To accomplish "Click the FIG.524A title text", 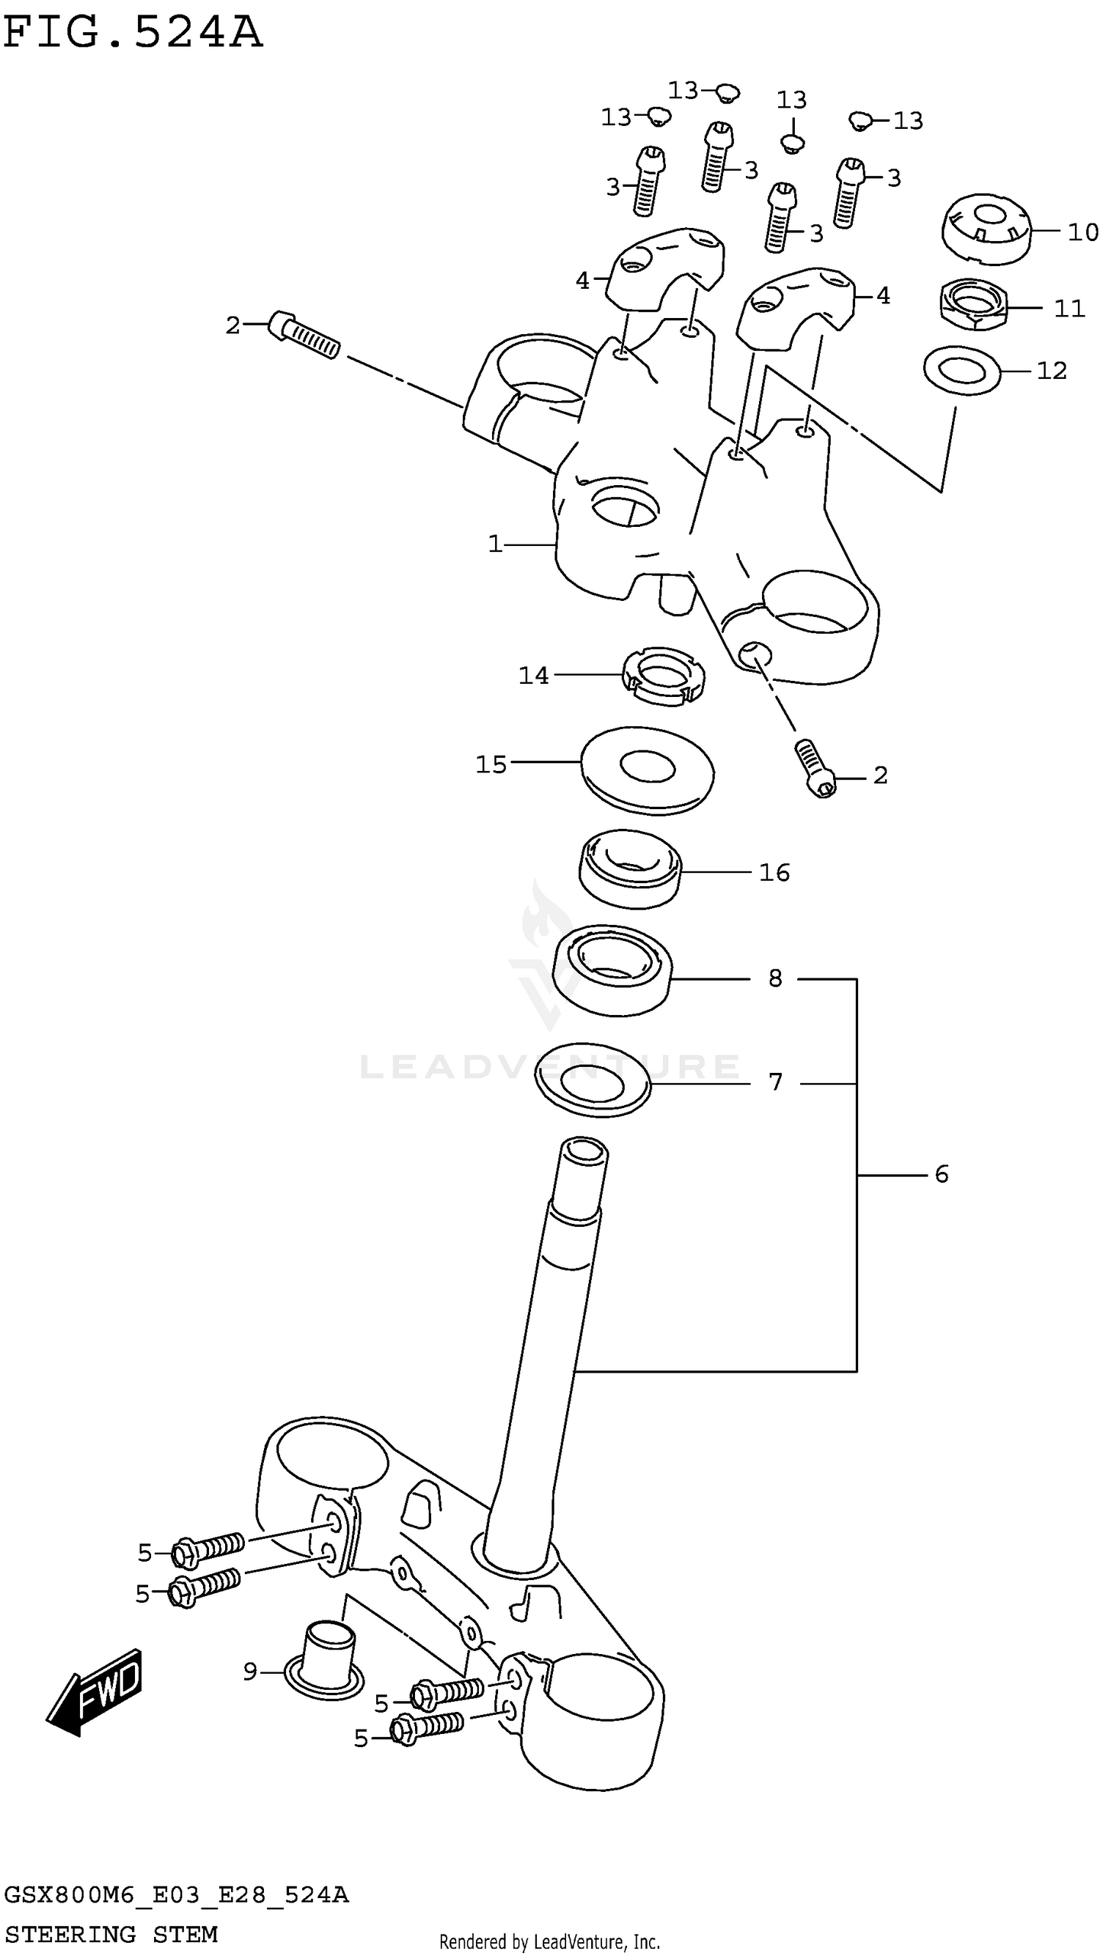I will [133, 34].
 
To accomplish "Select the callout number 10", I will [1082, 232].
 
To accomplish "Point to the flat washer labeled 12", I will [961, 370].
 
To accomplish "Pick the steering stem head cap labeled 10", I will [986, 229].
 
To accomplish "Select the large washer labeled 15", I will [647, 770].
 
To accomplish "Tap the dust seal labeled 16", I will [630, 868].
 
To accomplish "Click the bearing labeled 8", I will [612, 969].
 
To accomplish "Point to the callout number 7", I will [775, 1081].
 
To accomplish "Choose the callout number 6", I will [941, 1175].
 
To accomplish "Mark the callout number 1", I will [495, 544].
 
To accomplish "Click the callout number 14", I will [533, 675].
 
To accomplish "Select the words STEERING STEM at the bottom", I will [111, 1933].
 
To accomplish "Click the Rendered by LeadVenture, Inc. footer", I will [549, 1941].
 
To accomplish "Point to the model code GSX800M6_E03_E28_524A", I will [176, 1895].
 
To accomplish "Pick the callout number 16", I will [774, 872].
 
